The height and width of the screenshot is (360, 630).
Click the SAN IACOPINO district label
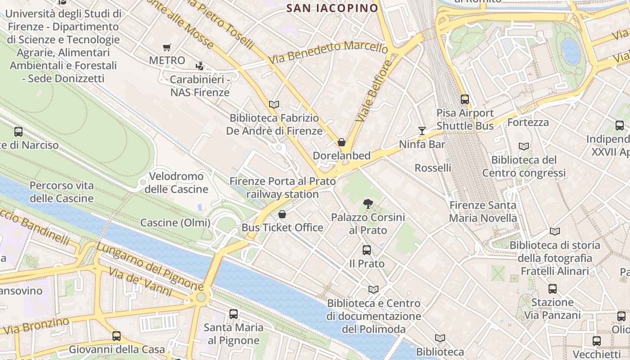(x=332, y=8)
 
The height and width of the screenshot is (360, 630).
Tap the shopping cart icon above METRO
(x=167, y=47)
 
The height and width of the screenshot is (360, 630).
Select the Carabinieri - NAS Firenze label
(x=200, y=86)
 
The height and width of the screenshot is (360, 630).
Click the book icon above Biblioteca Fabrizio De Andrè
(x=274, y=104)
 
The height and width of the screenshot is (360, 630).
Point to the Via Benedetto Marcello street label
(x=328, y=53)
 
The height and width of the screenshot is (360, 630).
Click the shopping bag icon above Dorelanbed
(x=342, y=143)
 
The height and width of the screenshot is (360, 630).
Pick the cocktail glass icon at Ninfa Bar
(x=422, y=131)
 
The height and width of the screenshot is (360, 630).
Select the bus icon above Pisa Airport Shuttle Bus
(x=465, y=99)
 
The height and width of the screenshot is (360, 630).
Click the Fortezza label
(x=528, y=122)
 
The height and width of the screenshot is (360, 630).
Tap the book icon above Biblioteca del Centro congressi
(x=524, y=146)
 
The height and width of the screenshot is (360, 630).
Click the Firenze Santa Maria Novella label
(x=483, y=211)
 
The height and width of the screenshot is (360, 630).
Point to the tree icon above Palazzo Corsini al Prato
(x=368, y=204)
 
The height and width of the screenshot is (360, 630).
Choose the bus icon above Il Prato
(x=367, y=250)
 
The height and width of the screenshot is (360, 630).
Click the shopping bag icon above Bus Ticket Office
(x=282, y=214)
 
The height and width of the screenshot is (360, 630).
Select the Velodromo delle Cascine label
(x=176, y=182)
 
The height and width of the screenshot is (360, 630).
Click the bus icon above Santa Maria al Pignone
(x=233, y=314)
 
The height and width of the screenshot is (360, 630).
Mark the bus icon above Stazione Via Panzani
(x=552, y=289)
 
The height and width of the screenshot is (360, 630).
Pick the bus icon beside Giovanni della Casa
(x=117, y=336)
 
